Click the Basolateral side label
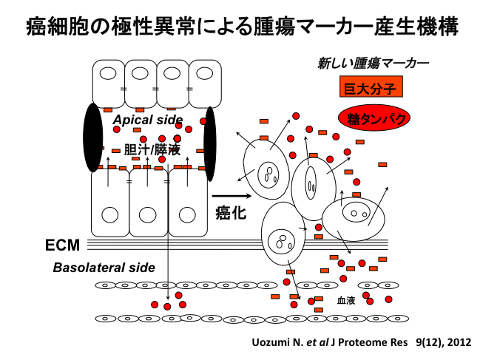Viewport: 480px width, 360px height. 104,268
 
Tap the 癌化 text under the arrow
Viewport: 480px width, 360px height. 230,214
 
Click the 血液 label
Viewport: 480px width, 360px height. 346,300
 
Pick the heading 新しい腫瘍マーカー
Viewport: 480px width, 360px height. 373,64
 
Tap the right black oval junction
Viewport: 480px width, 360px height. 210,143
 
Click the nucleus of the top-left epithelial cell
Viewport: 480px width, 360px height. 108,75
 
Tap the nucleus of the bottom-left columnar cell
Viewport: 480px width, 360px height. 109,214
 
